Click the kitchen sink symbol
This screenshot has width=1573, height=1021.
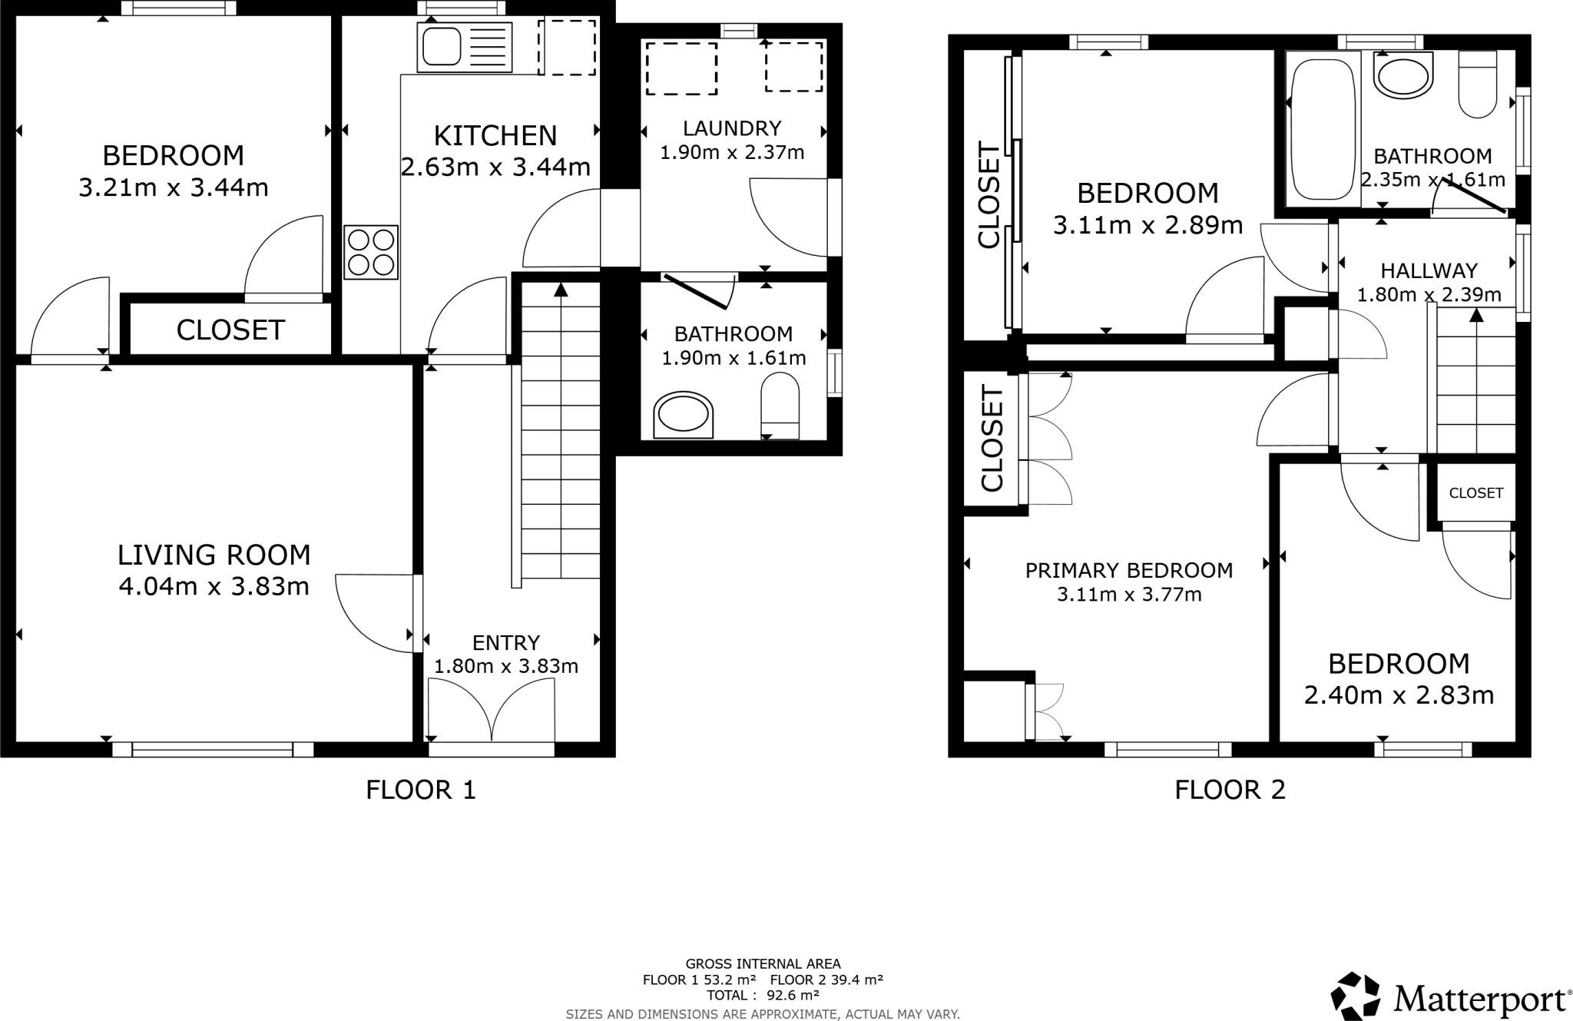tap(440, 45)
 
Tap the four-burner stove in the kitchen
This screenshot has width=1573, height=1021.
tap(371, 251)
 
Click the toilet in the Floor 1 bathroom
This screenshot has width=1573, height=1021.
tap(780, 406)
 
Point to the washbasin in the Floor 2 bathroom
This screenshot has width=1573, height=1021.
tap(1403, 77)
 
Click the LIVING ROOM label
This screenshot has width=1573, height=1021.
tap(214, 555)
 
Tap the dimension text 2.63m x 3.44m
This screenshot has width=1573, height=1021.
tap(495, 167)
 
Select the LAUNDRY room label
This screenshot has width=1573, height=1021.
tap(732, 128)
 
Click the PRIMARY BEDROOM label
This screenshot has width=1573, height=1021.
tap(1128, 570)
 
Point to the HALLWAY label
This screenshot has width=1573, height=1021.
tap(1429, 270)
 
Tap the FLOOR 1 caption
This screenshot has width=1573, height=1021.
tap(421, 790)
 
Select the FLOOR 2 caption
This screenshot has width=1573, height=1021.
tap(1230, 790)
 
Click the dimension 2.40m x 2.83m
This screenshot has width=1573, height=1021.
tap(1399, 695)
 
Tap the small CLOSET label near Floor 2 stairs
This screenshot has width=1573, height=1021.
tap(1475, 493)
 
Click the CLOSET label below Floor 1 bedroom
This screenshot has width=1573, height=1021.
tap(230, 330)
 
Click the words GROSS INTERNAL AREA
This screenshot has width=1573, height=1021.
tap(763, 963)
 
